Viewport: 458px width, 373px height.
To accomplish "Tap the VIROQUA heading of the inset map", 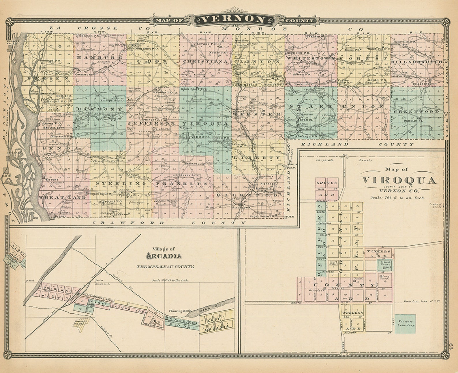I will (x=399, y=181).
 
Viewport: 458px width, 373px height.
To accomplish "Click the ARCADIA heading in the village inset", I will (x=164, y=256).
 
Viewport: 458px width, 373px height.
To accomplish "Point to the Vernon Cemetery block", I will (x=406, y=323).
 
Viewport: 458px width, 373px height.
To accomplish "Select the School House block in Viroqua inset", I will (x=385, y=264).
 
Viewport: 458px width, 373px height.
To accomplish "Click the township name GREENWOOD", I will (x=416, y=111).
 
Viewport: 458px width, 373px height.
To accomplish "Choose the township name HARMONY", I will (x=100, y=109).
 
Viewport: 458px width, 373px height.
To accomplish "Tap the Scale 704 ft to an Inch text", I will (x=397, y=198).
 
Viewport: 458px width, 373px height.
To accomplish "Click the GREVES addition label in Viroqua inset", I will (x=326, y=183).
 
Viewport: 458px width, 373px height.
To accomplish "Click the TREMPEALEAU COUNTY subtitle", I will (x=165, y=267).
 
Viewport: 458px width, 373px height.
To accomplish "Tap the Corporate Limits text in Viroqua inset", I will (x=343, y=160).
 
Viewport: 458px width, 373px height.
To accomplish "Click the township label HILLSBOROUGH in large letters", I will (x=416, y=62).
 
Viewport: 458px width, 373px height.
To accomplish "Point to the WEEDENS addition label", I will (x=352, y=313).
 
